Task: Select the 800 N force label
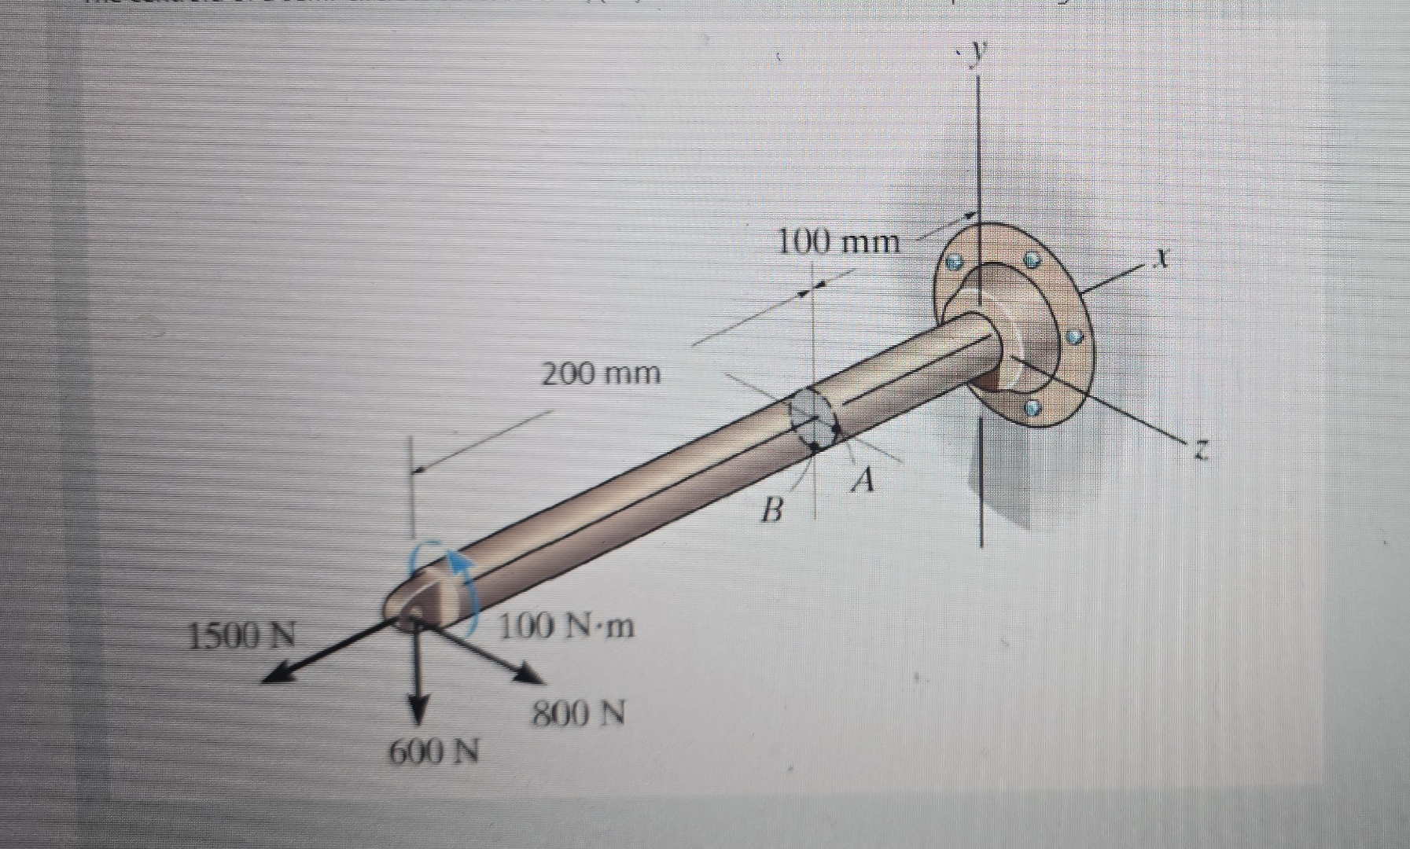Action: (x=579, y=715)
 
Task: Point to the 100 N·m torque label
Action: (x=566, y=627)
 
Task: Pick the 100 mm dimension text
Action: (x=838, y=241)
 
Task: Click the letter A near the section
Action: (x=863, y=479)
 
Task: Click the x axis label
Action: (x=1162, y=256)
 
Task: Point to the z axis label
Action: (x=1199, y=450)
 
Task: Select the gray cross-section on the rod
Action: (x=813, y=417)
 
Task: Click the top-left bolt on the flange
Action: (x=954, y=262)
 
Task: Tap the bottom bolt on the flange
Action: (x=1033, y=408)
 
